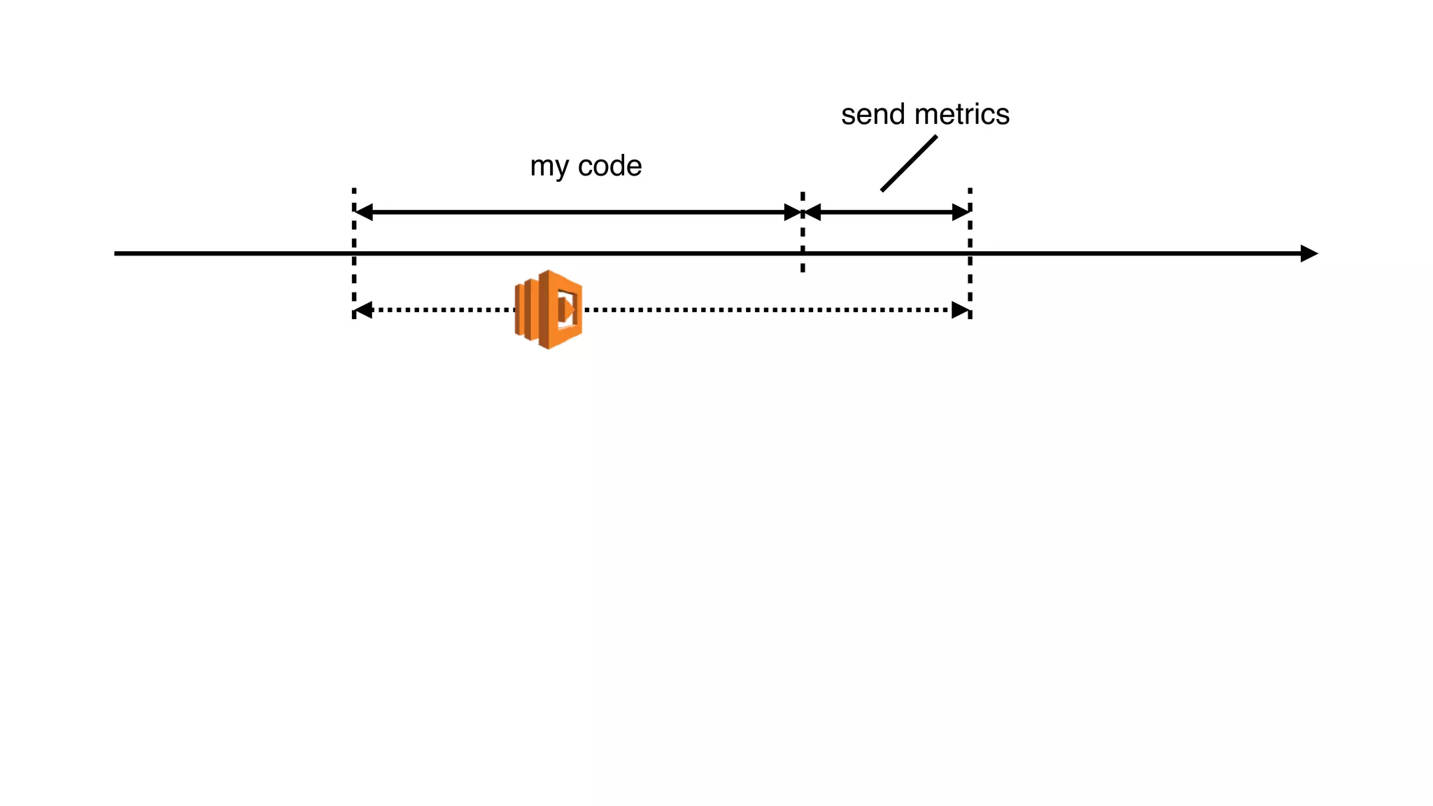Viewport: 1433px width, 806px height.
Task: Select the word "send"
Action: click(873, 115)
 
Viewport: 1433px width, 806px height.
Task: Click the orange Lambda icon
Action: click(549, 309)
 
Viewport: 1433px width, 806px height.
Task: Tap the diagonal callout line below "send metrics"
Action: click(908, 163)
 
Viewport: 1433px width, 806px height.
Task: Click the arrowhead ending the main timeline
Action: click(1308, 253)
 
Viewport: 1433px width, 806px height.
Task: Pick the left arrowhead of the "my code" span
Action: click(364, 212)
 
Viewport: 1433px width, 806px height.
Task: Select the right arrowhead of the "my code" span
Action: click(792, 212)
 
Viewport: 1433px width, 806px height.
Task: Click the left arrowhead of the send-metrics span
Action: click(812, 212)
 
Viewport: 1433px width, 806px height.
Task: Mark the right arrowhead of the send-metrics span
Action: click(961, 212)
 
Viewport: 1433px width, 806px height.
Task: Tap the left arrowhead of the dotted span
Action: click(364, 310)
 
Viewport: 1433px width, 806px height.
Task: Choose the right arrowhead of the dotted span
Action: click(961, 310)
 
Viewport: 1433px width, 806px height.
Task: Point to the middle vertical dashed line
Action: click(803, 238)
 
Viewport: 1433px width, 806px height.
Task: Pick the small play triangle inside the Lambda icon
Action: click(567, 309)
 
